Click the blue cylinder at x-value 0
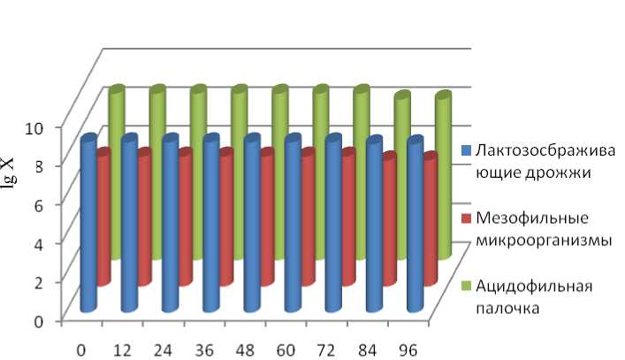click(88, 226)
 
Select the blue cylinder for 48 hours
click(251, 226)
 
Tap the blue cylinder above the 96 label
click(415, 226)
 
